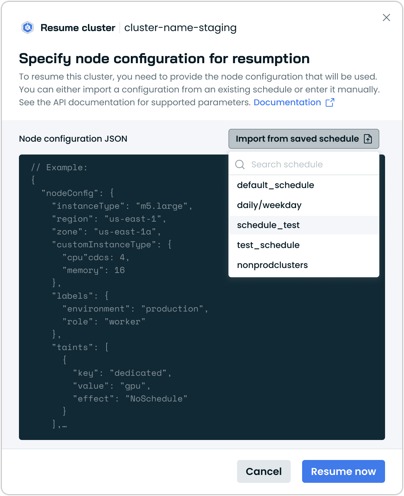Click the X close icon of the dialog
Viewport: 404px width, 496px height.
(386, 17)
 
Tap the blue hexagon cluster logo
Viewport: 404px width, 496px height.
(28, 27)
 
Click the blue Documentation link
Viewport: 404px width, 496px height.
(287, 102)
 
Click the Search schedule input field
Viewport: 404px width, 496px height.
(304, 164)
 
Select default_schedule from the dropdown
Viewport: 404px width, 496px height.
(276, 185)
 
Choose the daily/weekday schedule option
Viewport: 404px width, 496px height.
(269, 205)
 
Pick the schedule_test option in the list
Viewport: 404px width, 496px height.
(268, 225)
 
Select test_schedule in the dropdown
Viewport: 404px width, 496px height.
(268, 245)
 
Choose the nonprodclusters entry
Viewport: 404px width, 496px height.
(272, 265)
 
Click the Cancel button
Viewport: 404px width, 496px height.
(263, 471)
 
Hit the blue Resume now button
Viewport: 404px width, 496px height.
(343, 471)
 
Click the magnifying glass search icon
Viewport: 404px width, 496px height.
(240, 165)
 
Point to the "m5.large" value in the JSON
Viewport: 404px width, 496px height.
(162, 206)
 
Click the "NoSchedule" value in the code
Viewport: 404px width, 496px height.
(156, 399)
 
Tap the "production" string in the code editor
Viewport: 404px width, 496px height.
(172, 309)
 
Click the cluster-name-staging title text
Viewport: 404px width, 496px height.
(180, 28)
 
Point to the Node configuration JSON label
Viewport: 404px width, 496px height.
(73, 139)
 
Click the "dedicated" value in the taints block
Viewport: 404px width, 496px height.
(138, 373)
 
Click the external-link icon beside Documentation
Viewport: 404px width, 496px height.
(330, 102)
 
